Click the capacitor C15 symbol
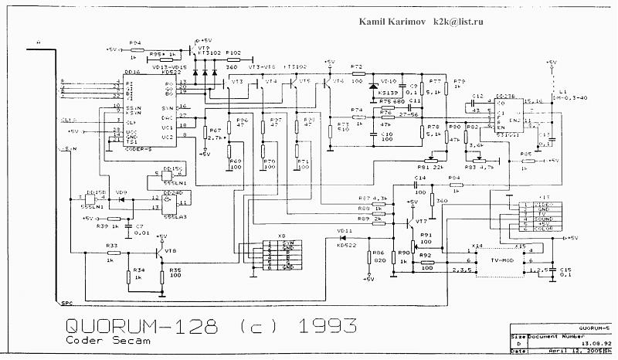click(x=552, y=271)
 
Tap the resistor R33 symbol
click(x=111, y=252)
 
